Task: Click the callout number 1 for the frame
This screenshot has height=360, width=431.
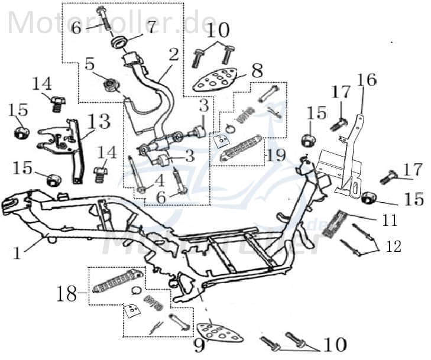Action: pos(17,253)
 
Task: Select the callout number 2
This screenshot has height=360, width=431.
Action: pos(173,55)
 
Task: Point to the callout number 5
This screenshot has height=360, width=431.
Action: pos(89,63)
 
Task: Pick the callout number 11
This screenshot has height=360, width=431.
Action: pos(388,220)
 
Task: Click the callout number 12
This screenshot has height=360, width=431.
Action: pos(393,245)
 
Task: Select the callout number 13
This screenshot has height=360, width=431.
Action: pos(99,122)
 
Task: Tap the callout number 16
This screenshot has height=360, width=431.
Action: pos(366,80)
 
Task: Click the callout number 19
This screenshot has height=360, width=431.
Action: pos(276,155)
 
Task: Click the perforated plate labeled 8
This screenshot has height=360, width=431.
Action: pos(218,79)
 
